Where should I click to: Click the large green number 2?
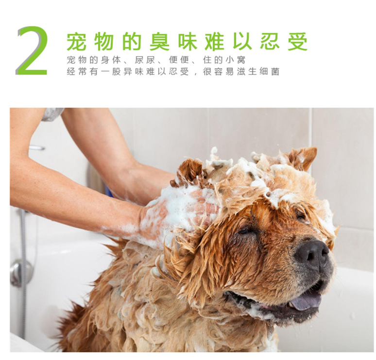[x=32, y=51]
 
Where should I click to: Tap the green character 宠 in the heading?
[x=76, y=42]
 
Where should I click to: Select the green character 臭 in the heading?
[x=159, y=42]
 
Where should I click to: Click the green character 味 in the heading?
[x=187, y=42]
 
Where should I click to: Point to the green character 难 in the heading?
[x=215, y=42]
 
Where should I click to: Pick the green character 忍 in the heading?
[x=270, y=42]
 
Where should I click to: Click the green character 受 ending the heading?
[x=298, y=42]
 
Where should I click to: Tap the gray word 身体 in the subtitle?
[x=111, y=60]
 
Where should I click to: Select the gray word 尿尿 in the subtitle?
[x=145, y=60]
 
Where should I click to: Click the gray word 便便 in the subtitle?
[x=179, y=60]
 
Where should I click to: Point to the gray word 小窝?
[x=236, y=60]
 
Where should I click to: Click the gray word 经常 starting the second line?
[x=77, y=72]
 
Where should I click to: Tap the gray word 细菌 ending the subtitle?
[x=270, y=72]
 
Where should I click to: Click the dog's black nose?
[x=311, y=254]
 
